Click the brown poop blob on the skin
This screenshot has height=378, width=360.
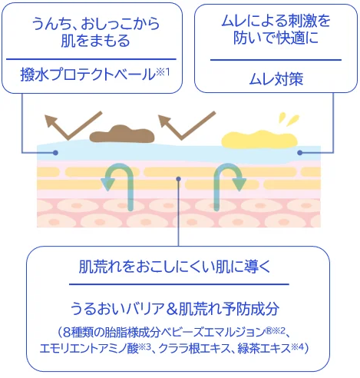tap(122, 134)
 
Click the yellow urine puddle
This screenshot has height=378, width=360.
tap(259, 140)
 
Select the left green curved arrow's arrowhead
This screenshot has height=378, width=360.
tap(109, 184)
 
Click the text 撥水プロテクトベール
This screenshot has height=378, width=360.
tap(88, 75)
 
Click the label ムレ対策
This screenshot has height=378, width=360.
tap(276, 78)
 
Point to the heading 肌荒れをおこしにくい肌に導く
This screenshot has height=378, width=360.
tap(174, 267)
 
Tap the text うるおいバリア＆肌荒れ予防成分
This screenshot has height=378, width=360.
tap(174, 308)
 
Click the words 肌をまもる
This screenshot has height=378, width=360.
tap(95, 41)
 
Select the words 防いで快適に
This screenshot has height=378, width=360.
tap(276, 38)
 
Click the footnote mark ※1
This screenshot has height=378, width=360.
tap(163, 72)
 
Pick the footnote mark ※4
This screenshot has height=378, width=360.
tap(297, 347)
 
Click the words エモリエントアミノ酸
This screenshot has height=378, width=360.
tap(89, 349)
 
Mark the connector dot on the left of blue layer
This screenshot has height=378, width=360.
tap(55, 153)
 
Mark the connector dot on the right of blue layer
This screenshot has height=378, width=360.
tap(300, 153)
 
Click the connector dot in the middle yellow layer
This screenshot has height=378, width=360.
tap(179, 179)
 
